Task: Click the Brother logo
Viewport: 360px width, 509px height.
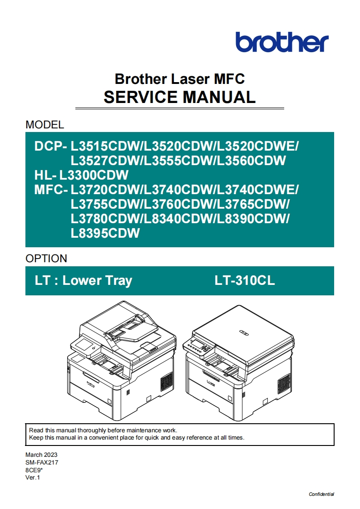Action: [x=281, y=42]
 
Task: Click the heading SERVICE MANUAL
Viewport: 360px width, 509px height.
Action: [x=179, y=97]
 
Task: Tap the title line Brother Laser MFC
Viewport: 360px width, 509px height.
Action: [x=179, y=78]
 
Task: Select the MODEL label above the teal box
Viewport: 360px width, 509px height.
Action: [x=44, y=124]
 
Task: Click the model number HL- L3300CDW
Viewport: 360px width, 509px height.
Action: [x=82, y=175]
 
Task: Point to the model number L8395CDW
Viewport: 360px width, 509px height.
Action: [x=105, y=233]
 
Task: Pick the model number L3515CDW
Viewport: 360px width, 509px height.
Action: [x=105, y=147]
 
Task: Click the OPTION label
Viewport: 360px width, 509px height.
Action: [x=46, y=259]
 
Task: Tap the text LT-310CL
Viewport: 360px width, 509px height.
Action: [x=245, y=281]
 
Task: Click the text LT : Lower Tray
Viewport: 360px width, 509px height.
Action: [x=83, y=281]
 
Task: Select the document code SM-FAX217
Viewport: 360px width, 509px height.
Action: [x=42, y=462]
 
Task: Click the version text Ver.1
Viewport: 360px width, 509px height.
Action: [x=33, y=477]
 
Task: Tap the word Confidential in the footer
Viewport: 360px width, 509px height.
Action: [x=321, y=494]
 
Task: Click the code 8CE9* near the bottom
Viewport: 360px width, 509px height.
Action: [x=34, y=470]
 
